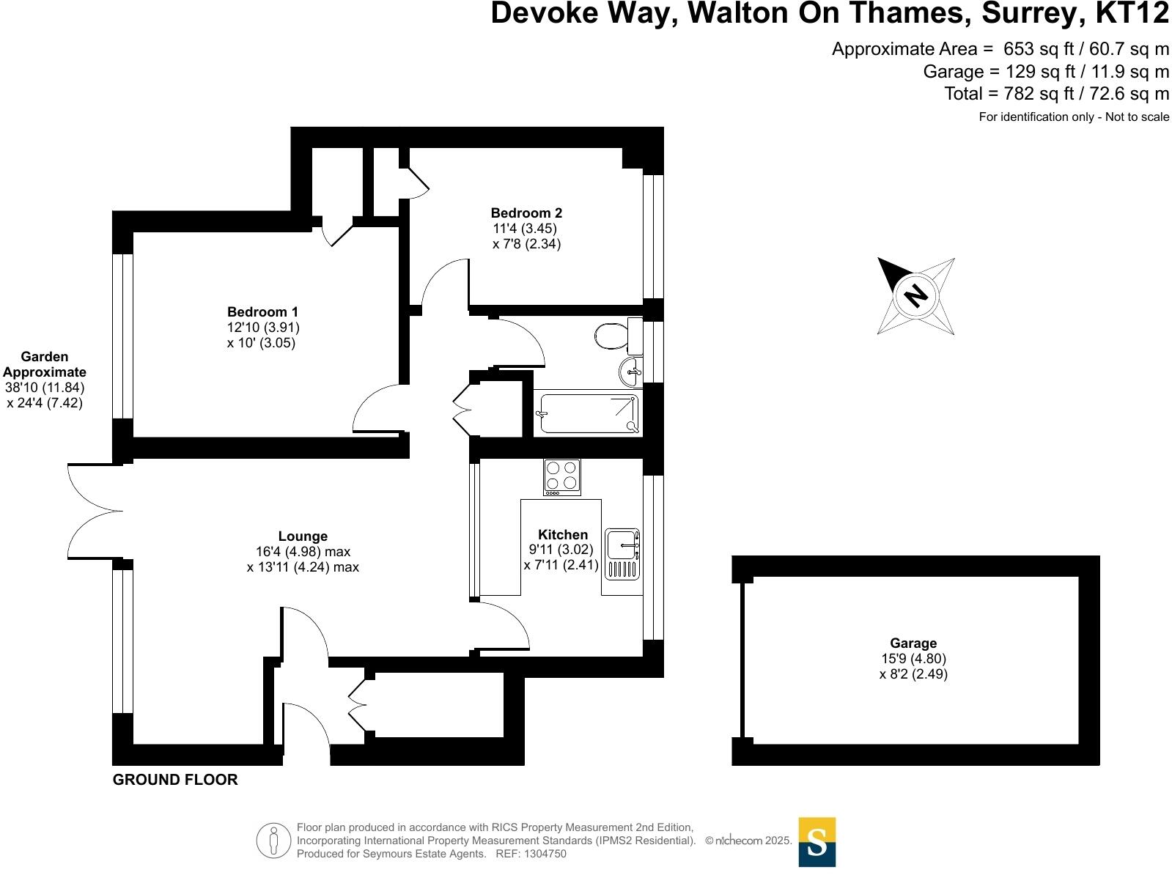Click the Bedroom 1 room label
[x=262, y=312]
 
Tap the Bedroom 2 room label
[x=526, y=213]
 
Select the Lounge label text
[x=303, y=536]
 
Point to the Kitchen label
[x=562, y=535]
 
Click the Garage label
[x=913, y=643]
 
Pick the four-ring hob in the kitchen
[x=562, y=476]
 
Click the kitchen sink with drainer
[x=622, y=553]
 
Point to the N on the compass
[x=916, y=295]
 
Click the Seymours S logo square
[x=817, y=841]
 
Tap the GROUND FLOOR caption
[x=175, y=780]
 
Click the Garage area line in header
[x=1045, y=72]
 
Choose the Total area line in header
[x=1056, y=94]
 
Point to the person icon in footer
[x=274, y=840]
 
